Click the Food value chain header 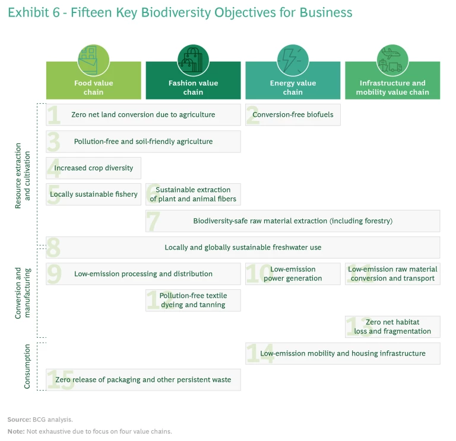tap(93, 87)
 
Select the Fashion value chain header tap(193, 87)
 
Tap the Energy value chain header tap(293, 87)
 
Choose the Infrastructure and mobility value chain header tap(392, 87)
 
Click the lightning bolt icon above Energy tap(293, 60)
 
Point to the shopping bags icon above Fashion tap(193, 60)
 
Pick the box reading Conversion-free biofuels tap(293, 114)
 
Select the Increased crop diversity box tap(93, 168)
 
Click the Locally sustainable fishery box tap(93, 194)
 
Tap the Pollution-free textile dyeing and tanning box tap(193, 300)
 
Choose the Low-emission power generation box tap(293, 274)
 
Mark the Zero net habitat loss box tap(392, 327)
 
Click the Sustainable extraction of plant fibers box tap(193, 194)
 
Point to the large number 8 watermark tap(54, 247)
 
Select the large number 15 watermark tap(61, 380)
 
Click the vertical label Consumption tap(27, 366)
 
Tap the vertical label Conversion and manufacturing tap(23, 292)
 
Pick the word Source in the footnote tap(18, 420)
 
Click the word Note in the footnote tap(15, 431)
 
